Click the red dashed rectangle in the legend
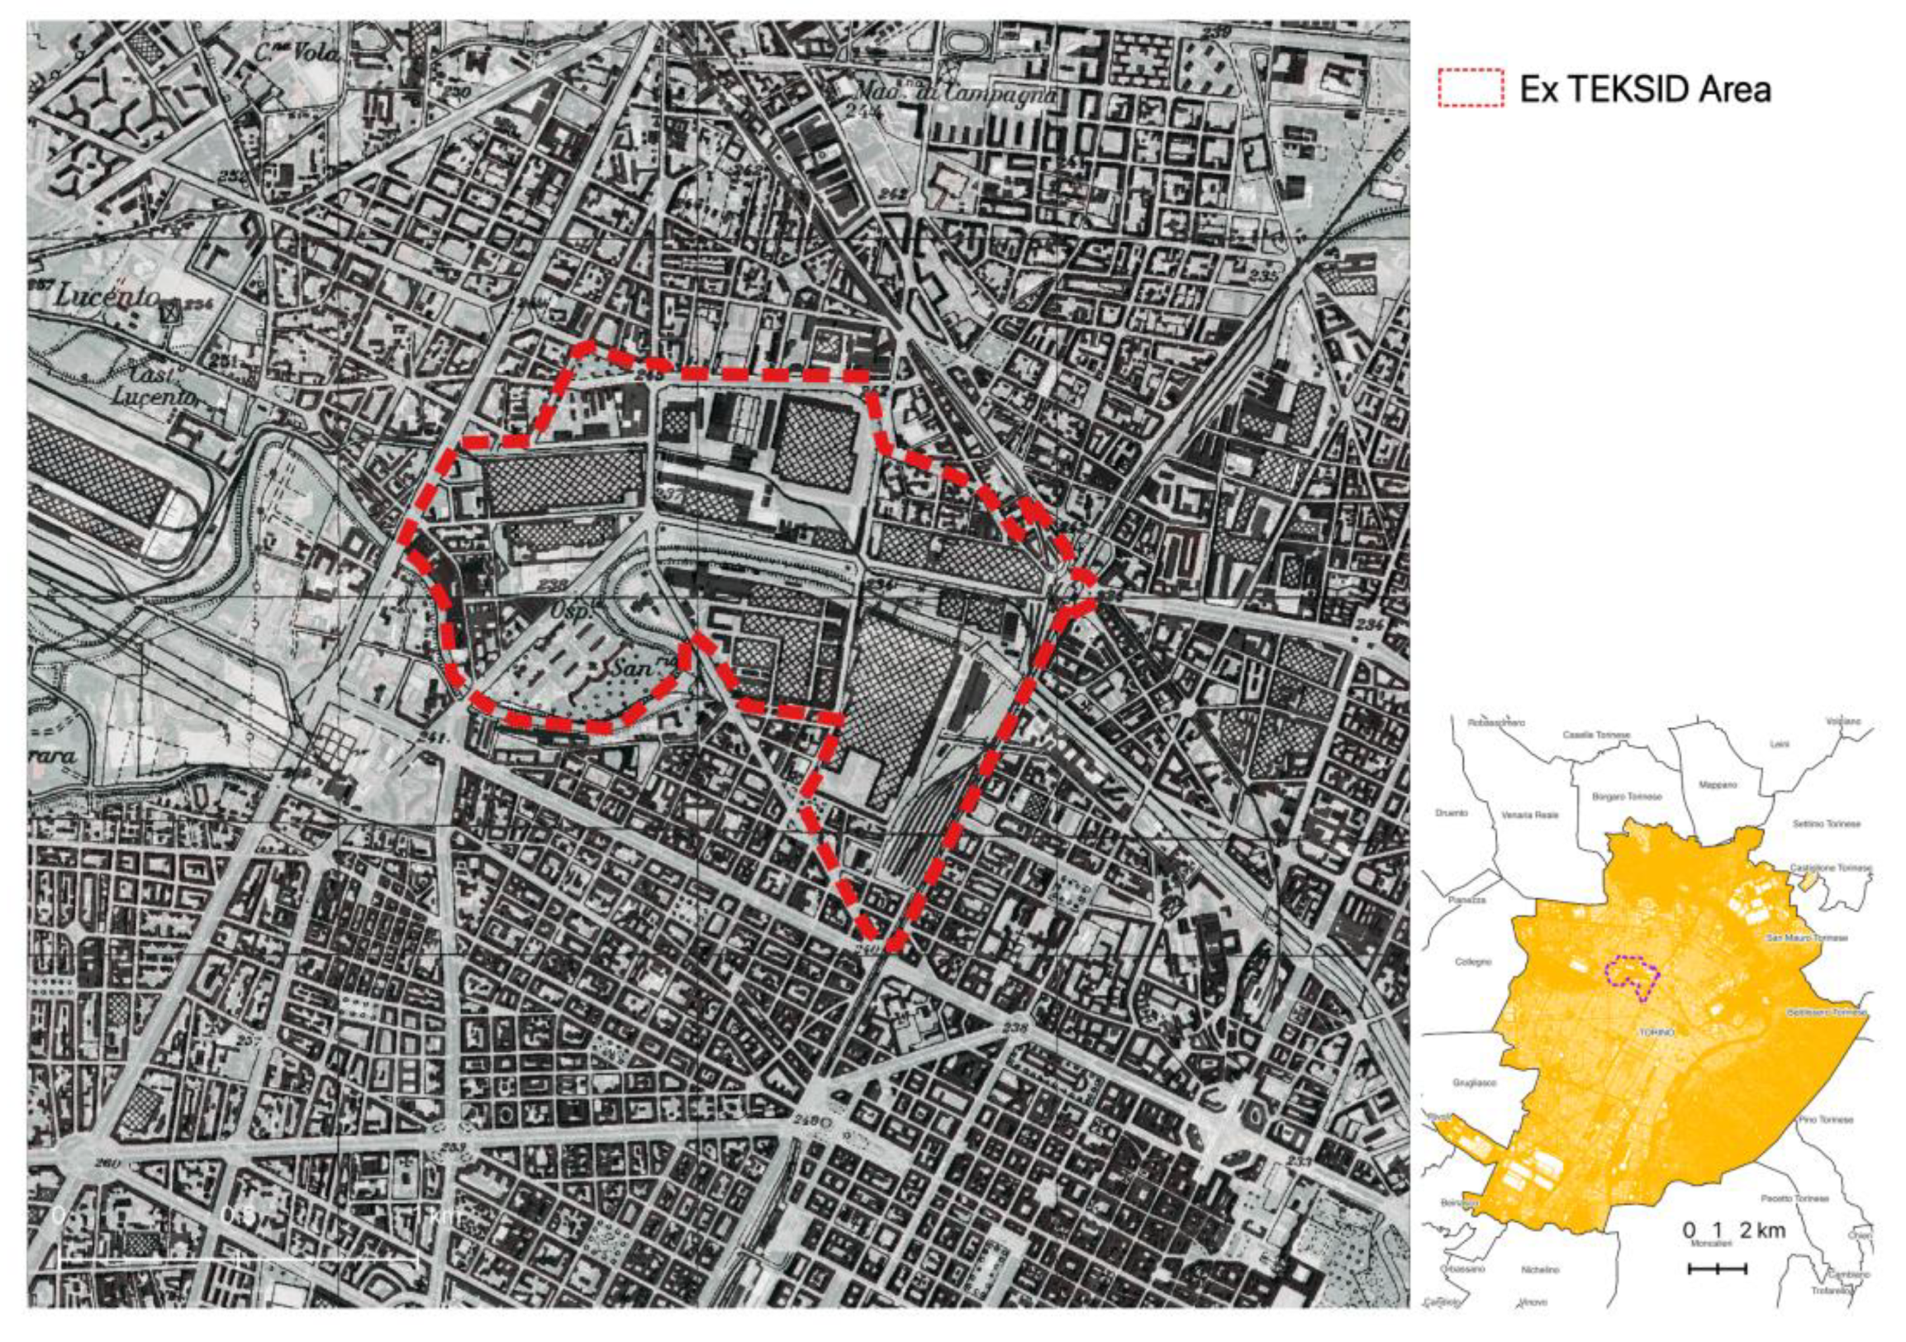[1469, 88]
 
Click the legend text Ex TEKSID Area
[1644, 89]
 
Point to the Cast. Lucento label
[155, 388]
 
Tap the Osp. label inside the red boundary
[571, 612]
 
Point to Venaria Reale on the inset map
[1530, 815]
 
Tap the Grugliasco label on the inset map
[1475, 1083]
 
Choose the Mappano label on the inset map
[1718, 785]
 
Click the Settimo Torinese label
[1827, 824]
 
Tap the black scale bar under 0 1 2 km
[1718, 1268]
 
